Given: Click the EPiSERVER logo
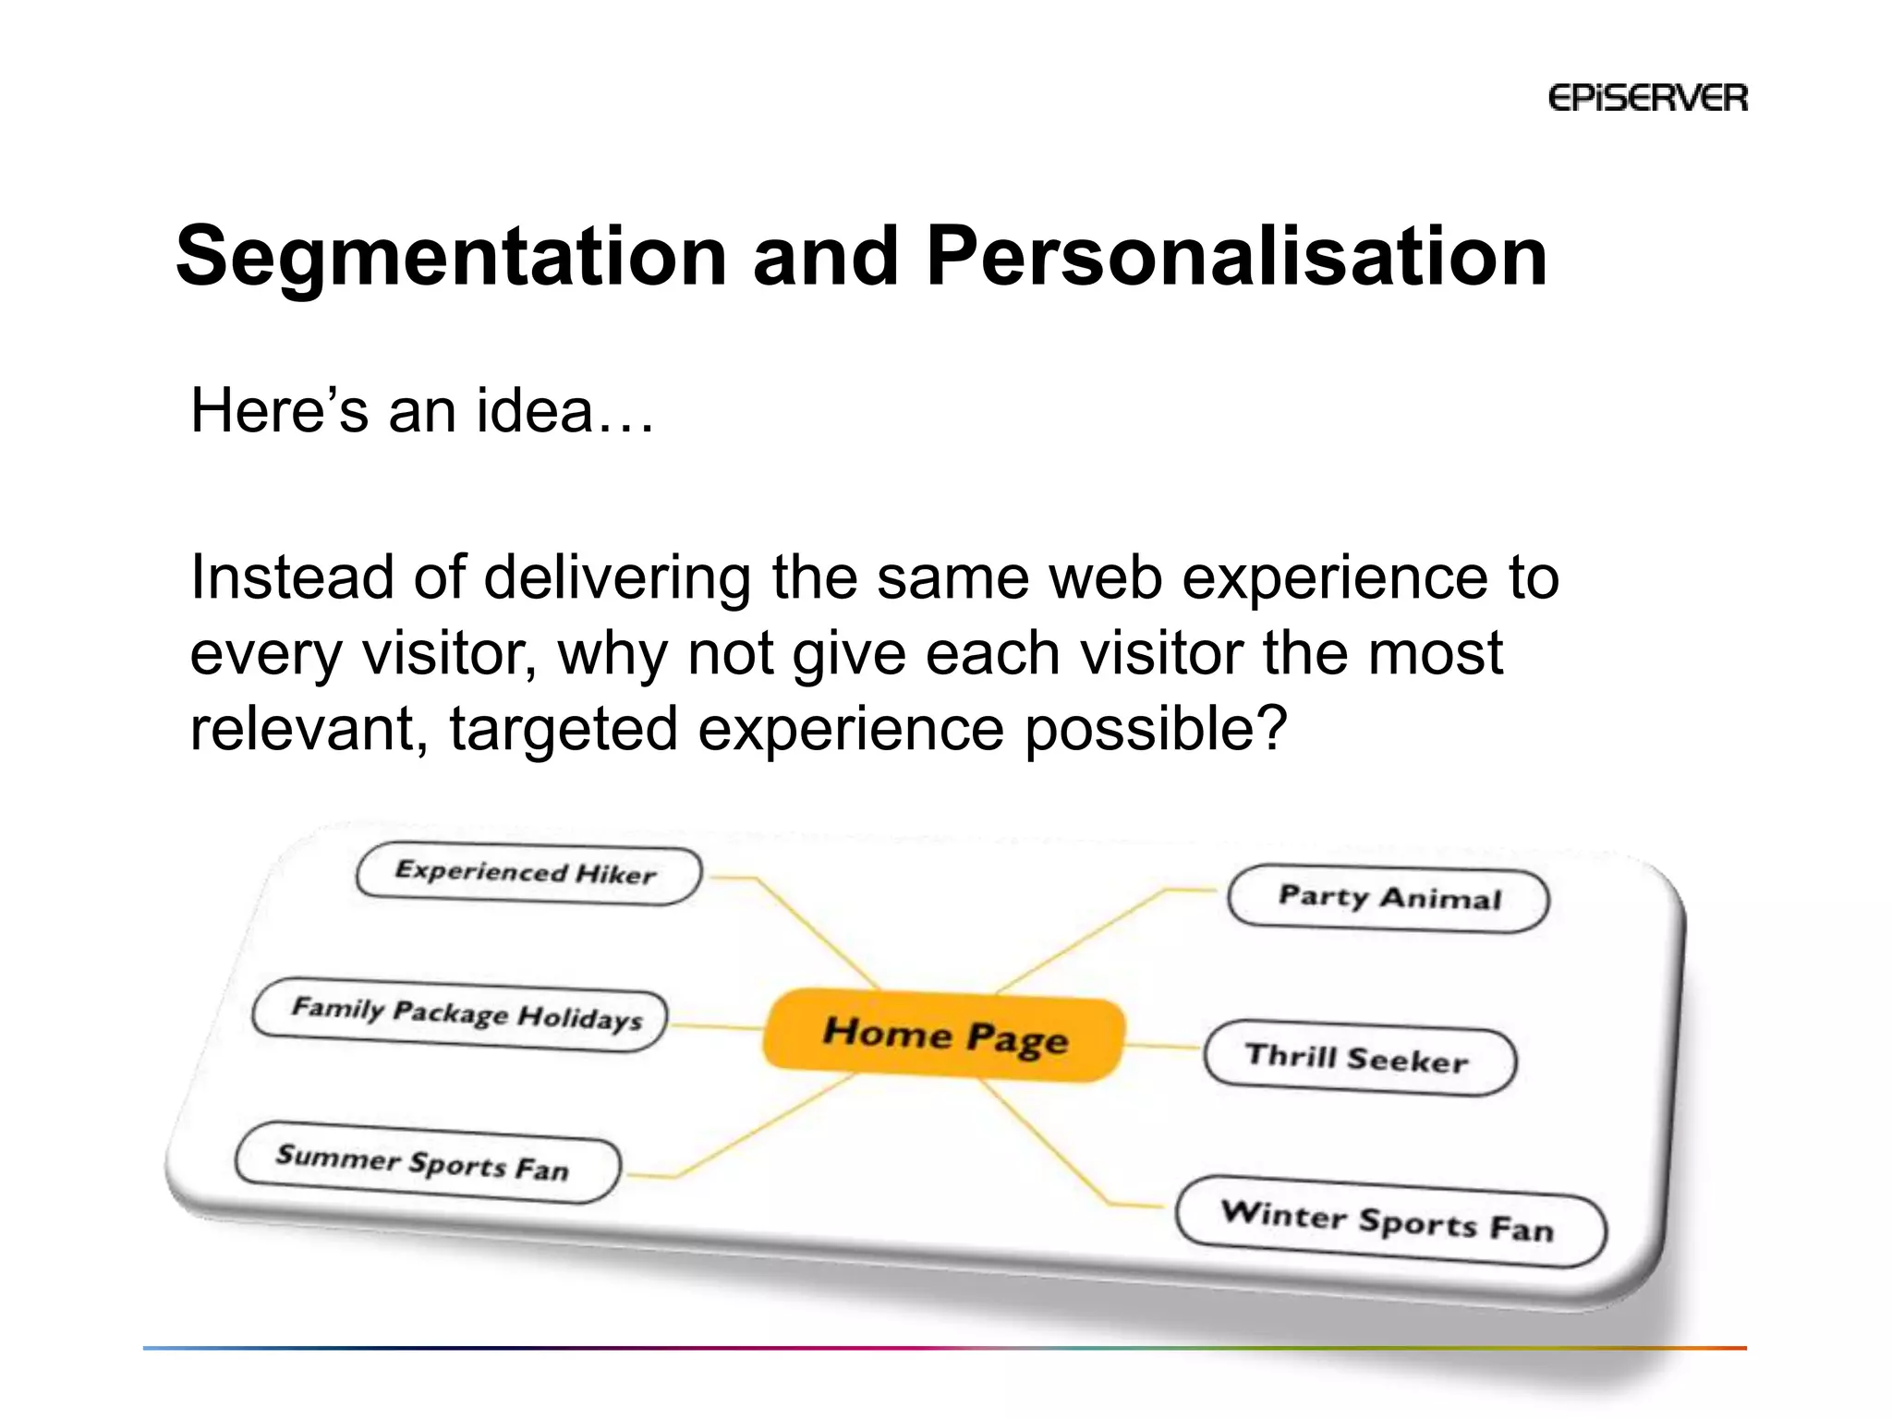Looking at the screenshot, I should tap(1647, 98).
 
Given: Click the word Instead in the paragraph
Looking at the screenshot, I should tap(291, 578).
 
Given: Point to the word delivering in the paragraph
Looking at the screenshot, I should tap(616, 578).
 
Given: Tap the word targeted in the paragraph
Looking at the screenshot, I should tap(564, 730).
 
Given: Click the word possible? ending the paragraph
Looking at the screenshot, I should tap(1156, 730).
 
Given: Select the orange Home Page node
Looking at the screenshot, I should tap(944, 1036).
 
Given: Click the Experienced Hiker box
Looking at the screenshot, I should tap(528, 874).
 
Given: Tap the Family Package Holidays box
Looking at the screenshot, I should tap(460, 1014).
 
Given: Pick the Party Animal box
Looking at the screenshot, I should tap(1388, 899).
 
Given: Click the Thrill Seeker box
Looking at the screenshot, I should tap(1359, 1058).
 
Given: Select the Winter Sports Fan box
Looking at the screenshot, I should tap(1390, 1222).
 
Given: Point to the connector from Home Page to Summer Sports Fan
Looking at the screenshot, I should tap(767, 1127).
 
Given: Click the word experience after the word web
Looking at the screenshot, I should tap(1334, 578).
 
